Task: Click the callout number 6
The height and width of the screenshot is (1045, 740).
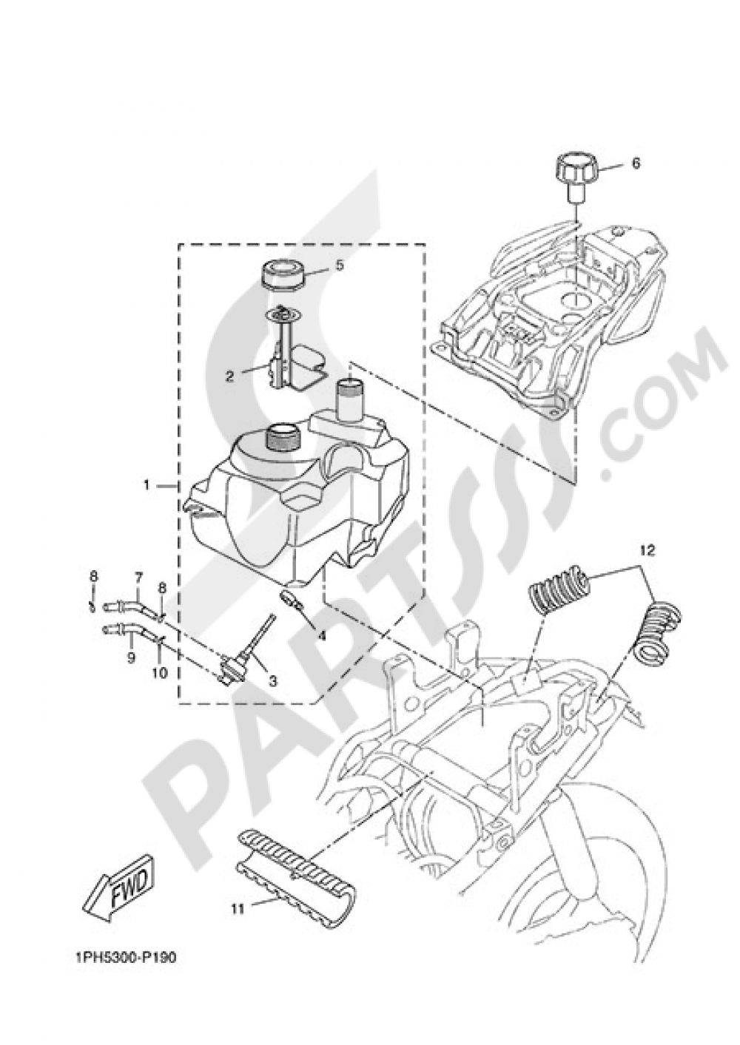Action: point(636,163)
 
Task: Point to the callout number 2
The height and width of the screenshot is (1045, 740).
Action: point(230,376)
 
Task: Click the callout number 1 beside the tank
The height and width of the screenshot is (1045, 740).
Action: point(147,485)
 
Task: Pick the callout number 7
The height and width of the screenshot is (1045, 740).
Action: point(138,576)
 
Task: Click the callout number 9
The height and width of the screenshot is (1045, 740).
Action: point(131,657)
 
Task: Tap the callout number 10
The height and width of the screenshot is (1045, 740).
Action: point(161,673)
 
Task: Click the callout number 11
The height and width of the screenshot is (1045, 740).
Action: point(237,909)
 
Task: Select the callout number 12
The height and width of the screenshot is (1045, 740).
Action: point(648,551)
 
